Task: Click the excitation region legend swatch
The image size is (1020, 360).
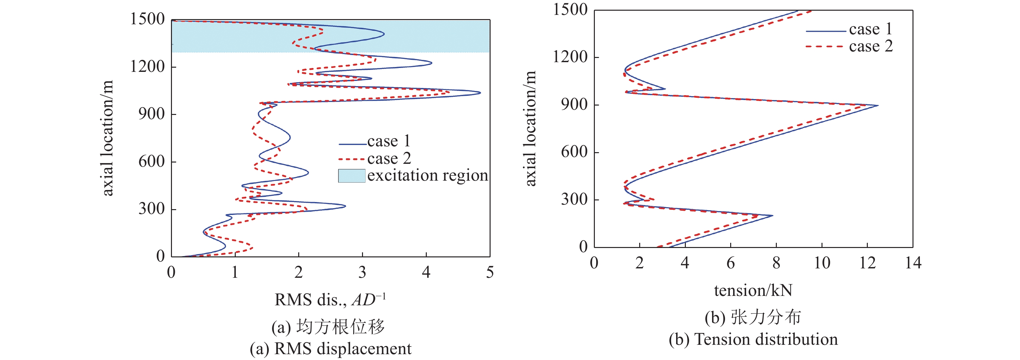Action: tap(351, 176)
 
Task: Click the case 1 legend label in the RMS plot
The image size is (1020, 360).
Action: tap(389, 141)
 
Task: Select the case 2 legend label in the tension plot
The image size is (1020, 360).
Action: tap(871, 46)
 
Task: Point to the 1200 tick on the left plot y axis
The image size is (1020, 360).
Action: tap(147, 67)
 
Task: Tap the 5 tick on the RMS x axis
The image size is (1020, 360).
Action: tap(490, 273)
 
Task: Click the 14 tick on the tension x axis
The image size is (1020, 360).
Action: tap(913, 263)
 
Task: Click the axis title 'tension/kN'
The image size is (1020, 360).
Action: tap(753, 291)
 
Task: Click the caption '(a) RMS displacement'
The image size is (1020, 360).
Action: tap(330, 349)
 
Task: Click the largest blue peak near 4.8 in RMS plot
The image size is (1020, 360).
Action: tap(480, 93)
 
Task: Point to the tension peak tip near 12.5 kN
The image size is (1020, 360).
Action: tap(878, 105)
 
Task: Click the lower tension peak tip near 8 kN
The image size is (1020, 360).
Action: tap(772, 216)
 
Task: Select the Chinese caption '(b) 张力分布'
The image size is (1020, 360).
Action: tap(753, 318)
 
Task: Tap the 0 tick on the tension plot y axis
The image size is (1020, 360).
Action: tap(583, 247)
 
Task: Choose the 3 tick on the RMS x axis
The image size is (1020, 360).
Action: tap(362, 273)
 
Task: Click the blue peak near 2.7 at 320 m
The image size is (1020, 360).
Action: tap(345, 206)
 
